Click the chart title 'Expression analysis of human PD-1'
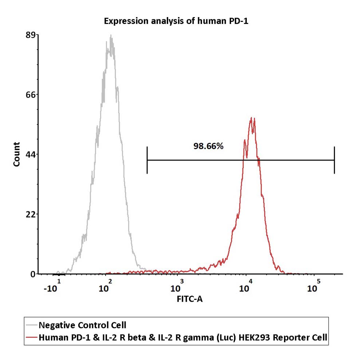[x=176, y=21]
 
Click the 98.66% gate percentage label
[x=208, y=146]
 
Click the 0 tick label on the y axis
[x=33, y=274]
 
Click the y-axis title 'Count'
[x=17, y=154]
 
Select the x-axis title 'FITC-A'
[x=190, y=299]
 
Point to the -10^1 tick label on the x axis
[x=52, y=286]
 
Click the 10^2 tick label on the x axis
[x=105, y=286]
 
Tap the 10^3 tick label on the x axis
[x=177, y=286]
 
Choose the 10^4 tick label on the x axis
[x=246, y=286]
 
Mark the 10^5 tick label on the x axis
[x=314, y=286]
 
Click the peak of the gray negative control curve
[x=111, y=35]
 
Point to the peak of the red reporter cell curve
[x=252, y=118]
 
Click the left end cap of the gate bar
[x=147, y=160]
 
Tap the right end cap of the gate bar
[x=334, y=160]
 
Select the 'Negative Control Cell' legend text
[x=82, y=325]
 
